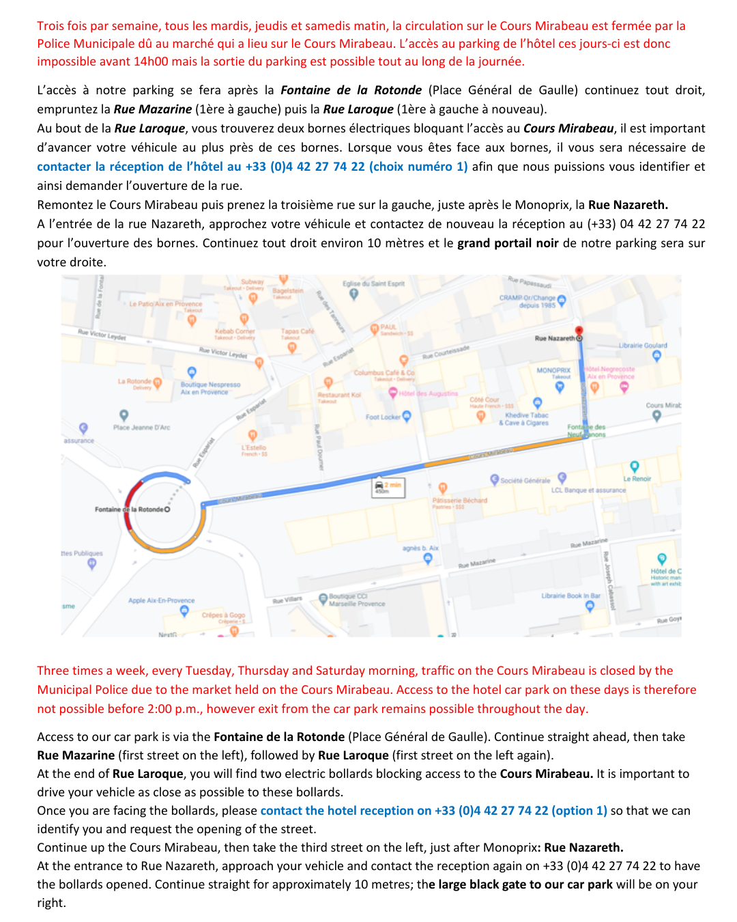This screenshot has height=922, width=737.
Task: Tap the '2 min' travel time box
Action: click(x=389, y=487)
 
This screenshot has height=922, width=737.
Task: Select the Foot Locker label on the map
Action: click(x=384, y=417)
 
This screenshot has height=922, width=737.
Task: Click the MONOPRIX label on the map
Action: click(x=553, y=370)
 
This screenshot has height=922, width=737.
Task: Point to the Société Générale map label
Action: click(x=525, y=480)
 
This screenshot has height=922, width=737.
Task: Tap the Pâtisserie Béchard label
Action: click(x=459, y=501)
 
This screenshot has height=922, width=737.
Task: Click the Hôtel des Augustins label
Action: click(x=428, y=393)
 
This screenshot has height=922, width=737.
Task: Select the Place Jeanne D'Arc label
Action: click(x=141, y=428)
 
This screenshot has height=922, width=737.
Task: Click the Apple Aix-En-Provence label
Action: click(x=161, y=600)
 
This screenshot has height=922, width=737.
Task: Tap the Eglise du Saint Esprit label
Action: click(x=373, y=283)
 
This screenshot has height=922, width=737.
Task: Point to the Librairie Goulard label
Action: click(x=643, y=346)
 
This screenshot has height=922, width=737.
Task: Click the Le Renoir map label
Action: click(x=637, y=479)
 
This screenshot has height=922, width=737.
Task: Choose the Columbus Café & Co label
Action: click(x=384, y=373)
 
